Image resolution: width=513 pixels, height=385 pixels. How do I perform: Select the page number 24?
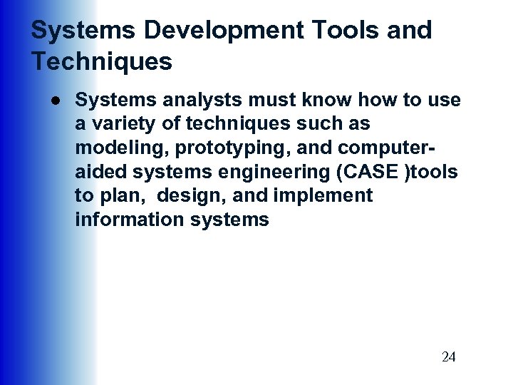[x=448, y=357]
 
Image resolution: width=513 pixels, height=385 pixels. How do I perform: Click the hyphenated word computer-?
[x=380, y=148]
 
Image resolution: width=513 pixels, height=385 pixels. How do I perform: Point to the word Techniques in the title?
[x=101, y=62]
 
